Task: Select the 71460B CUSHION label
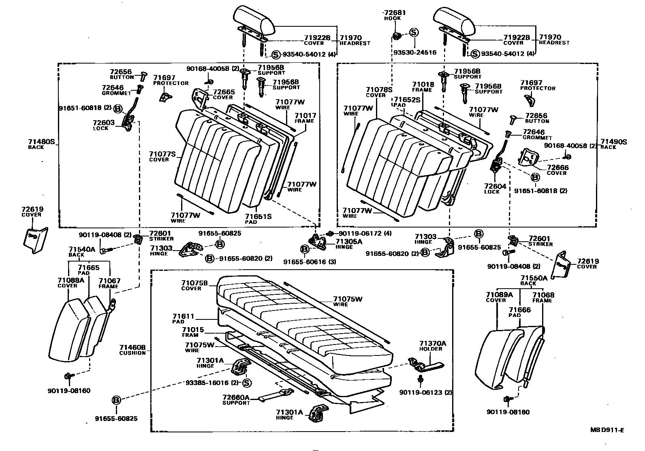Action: pos(132,350)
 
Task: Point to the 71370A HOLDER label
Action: pos(432,346)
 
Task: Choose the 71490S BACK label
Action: pos(613,144)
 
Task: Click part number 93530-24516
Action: pos(415,53)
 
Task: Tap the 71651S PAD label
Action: pos(258,219)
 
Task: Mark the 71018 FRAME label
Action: pos(423,87)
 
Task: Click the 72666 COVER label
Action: pos(557,170)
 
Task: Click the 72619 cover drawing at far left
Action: pos(35,240)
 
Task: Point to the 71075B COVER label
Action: pos(194,285)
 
